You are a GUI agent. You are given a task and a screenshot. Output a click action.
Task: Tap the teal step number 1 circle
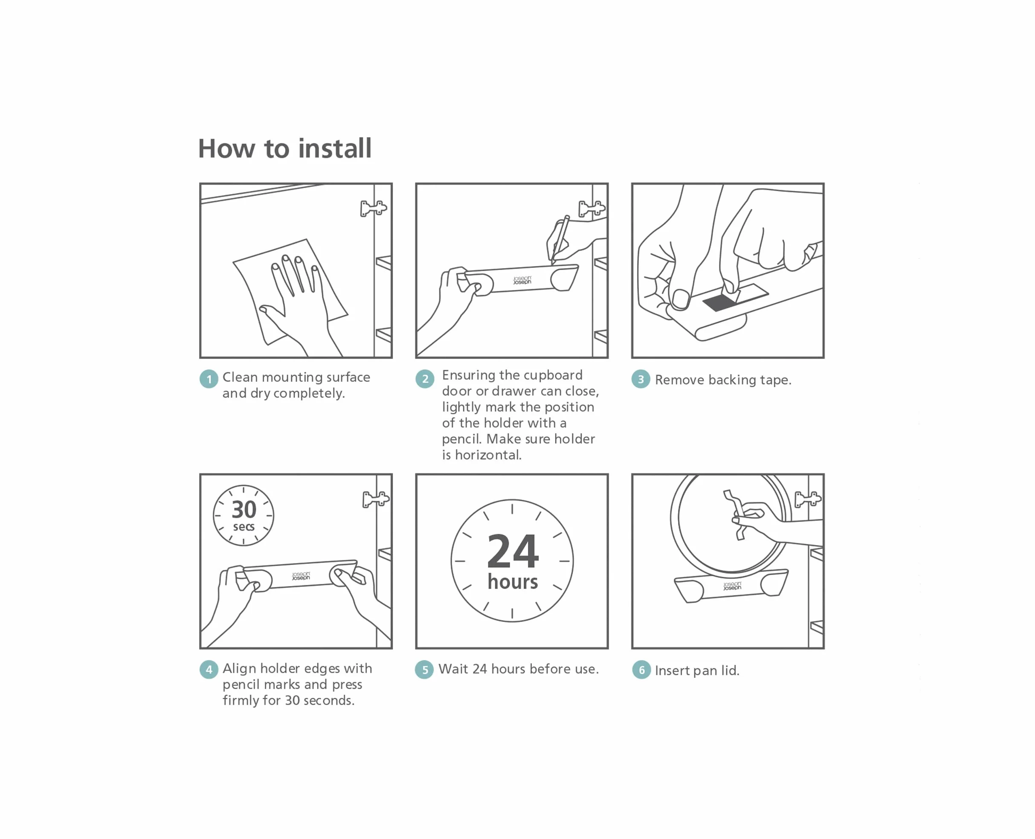click(209, 379)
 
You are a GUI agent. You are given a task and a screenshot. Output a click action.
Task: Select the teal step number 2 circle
click(425, 378)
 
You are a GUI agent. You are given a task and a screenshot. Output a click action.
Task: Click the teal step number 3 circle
click(641, 379)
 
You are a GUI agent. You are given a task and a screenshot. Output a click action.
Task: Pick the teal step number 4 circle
click(209, 669)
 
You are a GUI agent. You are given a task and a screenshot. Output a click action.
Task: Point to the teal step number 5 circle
click(424, 669)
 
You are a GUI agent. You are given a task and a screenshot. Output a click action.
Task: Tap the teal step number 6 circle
click(641, 670)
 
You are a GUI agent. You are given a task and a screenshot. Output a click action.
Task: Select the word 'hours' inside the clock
click(513, 582)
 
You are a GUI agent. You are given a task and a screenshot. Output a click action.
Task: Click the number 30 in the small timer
click(244, 509)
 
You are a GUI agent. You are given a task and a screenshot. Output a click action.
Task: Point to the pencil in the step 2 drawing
click(560, 240)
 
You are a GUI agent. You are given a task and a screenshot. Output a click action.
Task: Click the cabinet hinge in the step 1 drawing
click(374, 208)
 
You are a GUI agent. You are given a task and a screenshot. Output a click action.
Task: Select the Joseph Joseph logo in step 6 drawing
click(732, 586)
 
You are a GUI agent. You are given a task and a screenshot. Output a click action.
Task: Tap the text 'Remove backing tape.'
click(723, 380)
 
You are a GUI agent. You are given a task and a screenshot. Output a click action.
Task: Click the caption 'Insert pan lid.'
click(697, 671)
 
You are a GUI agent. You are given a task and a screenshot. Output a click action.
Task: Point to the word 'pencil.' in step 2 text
click(462, 439)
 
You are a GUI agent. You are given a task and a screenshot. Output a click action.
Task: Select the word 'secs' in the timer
click(244, 527)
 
